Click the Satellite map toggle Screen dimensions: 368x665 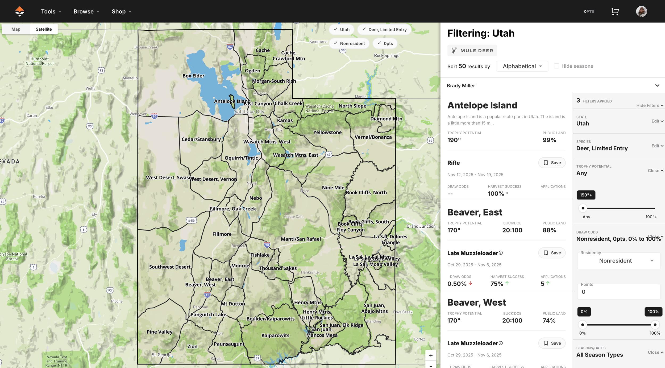[44, 29]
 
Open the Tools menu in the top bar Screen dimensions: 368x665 [51, 11]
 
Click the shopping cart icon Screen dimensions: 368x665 [615, 11]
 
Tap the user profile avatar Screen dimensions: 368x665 [641, 11]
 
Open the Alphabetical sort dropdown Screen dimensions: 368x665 [522, 66]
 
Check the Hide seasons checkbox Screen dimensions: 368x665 [556, 66]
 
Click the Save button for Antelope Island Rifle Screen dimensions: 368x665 [552, 163]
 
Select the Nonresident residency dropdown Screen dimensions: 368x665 [618, 261]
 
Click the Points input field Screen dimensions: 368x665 [618, 292]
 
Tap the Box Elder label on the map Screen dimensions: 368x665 [193, 76]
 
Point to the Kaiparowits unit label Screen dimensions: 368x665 [275, 335]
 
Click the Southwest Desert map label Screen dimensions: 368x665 [170, 267]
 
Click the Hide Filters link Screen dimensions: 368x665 [649, 105]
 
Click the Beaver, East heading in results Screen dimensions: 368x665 [475, 212]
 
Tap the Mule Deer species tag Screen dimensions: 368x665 [472, 51]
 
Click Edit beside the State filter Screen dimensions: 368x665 [657, 121]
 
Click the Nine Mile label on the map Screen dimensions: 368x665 [333, 187]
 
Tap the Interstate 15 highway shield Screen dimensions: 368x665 [207, 295]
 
